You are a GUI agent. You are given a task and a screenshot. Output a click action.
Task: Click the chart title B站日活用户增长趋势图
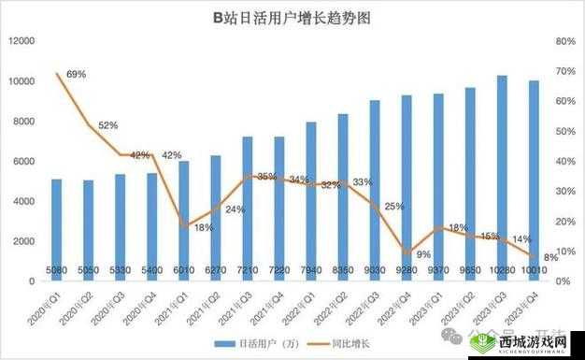pos(292,18)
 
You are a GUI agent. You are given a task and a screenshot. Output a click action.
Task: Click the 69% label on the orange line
pos(76,74)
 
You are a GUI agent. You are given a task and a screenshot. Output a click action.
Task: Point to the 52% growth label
pos(108,124)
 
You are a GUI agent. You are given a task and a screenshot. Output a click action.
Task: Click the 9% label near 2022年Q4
pos(423,254)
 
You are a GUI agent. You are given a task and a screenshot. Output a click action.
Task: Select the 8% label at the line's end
pos(550,257)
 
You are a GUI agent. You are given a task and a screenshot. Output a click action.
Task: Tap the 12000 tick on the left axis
pos(21,41)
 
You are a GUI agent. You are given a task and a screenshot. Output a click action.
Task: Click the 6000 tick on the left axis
pos(23,161)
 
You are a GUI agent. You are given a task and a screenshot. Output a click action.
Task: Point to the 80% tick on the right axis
pos(564,41)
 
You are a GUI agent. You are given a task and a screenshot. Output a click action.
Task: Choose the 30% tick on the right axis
pos(564,191)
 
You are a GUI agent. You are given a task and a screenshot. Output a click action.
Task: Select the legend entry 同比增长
pos(357,344)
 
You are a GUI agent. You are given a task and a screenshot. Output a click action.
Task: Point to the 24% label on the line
pos(235,209)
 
